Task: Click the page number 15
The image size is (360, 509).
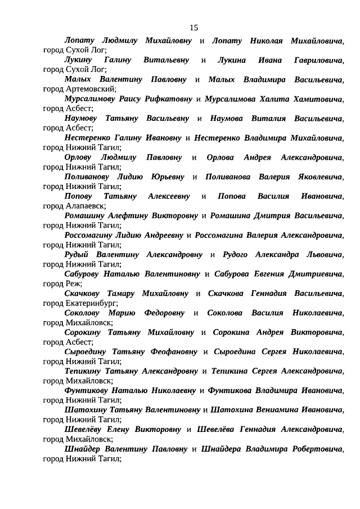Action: (x=193, y=28)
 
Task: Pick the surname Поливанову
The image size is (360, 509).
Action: (x=89, y=177)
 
